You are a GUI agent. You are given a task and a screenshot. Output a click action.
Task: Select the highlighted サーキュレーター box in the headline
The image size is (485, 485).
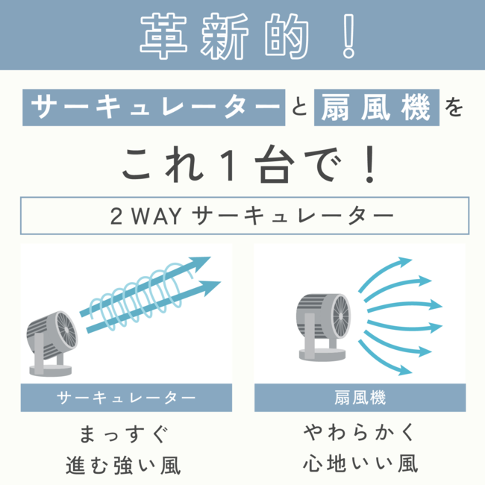pos(155,107)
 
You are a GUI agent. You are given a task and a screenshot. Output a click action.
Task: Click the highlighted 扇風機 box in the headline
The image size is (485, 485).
pos(376,107)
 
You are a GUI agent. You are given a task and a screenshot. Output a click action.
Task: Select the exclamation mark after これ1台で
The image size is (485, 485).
pos(366,166)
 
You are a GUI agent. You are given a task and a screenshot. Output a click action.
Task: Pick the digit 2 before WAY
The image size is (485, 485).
pos(116,216)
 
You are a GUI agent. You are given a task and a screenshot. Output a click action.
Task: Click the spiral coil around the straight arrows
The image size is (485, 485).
pos(142,298)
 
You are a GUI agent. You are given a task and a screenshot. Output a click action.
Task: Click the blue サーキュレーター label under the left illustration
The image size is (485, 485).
pos(126,398)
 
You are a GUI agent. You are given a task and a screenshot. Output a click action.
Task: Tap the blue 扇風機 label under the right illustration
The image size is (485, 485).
pos(360,398)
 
